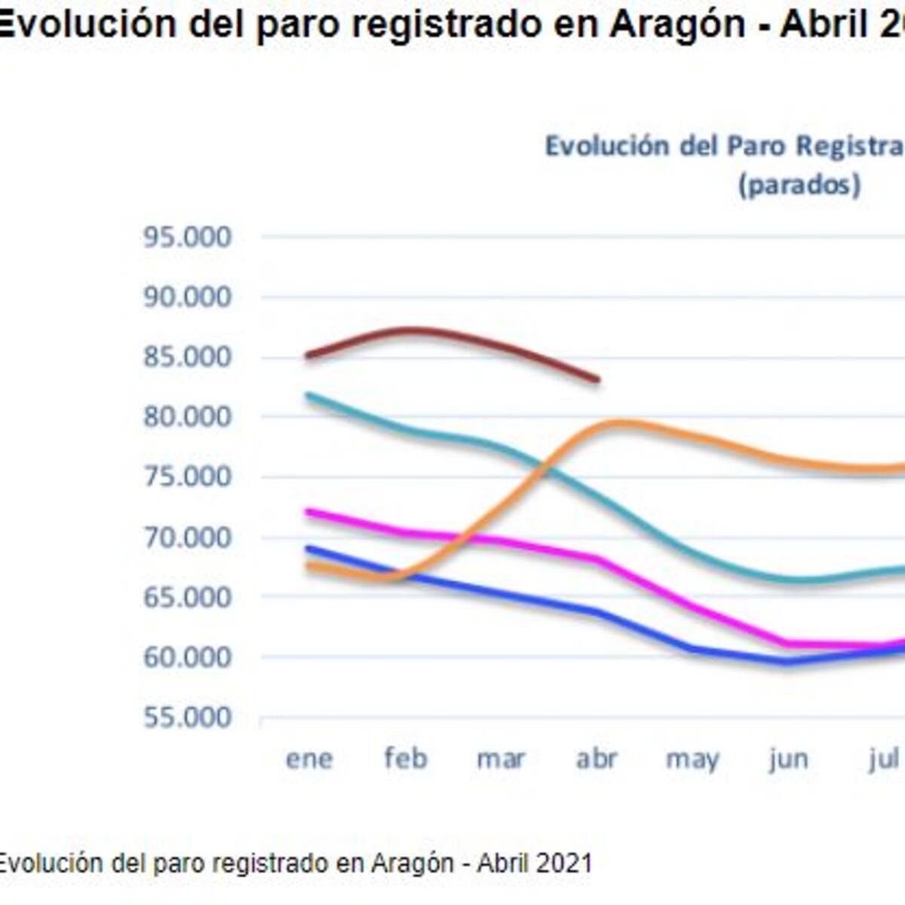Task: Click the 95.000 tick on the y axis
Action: coord(187,238)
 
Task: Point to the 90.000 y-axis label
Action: coord(187,297)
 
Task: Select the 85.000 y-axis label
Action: coord(187,357)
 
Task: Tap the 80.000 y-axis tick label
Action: coord(187,417)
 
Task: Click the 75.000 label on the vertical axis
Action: coord(187,477)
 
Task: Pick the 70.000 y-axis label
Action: coord(187,537)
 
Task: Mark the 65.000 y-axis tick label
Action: coord(187,597)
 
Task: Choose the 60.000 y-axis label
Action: coord(187,657)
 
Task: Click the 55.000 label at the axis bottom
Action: coord(187,717)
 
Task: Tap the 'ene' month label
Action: coord(309,759)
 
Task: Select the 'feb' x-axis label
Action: coord(406,759)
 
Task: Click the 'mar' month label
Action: coord(501,759)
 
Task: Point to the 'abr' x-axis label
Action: coord(597,759)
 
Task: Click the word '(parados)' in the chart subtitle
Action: coord(799,185)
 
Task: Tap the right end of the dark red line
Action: coord(597,379)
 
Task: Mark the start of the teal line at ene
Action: coord(307,395)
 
